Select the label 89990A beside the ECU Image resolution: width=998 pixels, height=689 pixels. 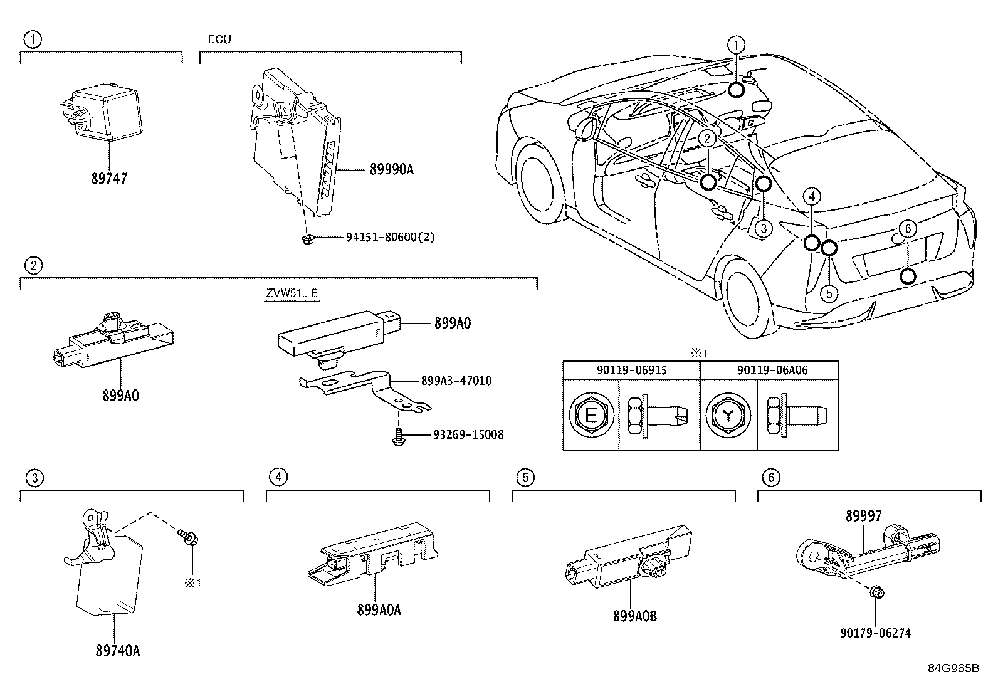pos(392,169)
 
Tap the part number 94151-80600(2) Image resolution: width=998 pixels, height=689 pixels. pos(390,238)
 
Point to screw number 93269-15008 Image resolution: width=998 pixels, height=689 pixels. pos(468,434)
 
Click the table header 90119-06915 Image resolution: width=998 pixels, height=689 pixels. pos(631,370)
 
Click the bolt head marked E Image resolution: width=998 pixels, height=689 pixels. pos(591,416)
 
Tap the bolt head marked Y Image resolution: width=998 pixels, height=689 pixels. pos(728,416)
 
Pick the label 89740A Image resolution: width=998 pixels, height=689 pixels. pos(117,651)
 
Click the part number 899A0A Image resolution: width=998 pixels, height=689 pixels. pos(379,609)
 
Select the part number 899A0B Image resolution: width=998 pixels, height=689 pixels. pos(635,616)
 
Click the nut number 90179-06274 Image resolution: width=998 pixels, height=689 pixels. pos(875,633)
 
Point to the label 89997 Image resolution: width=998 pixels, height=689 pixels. pos(863,516)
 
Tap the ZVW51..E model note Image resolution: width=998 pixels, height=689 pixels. pos(291,293)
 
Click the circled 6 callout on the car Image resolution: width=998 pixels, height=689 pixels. pos(908,229)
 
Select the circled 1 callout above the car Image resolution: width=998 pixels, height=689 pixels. pos(736,45)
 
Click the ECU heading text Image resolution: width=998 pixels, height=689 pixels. pos(219,39)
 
